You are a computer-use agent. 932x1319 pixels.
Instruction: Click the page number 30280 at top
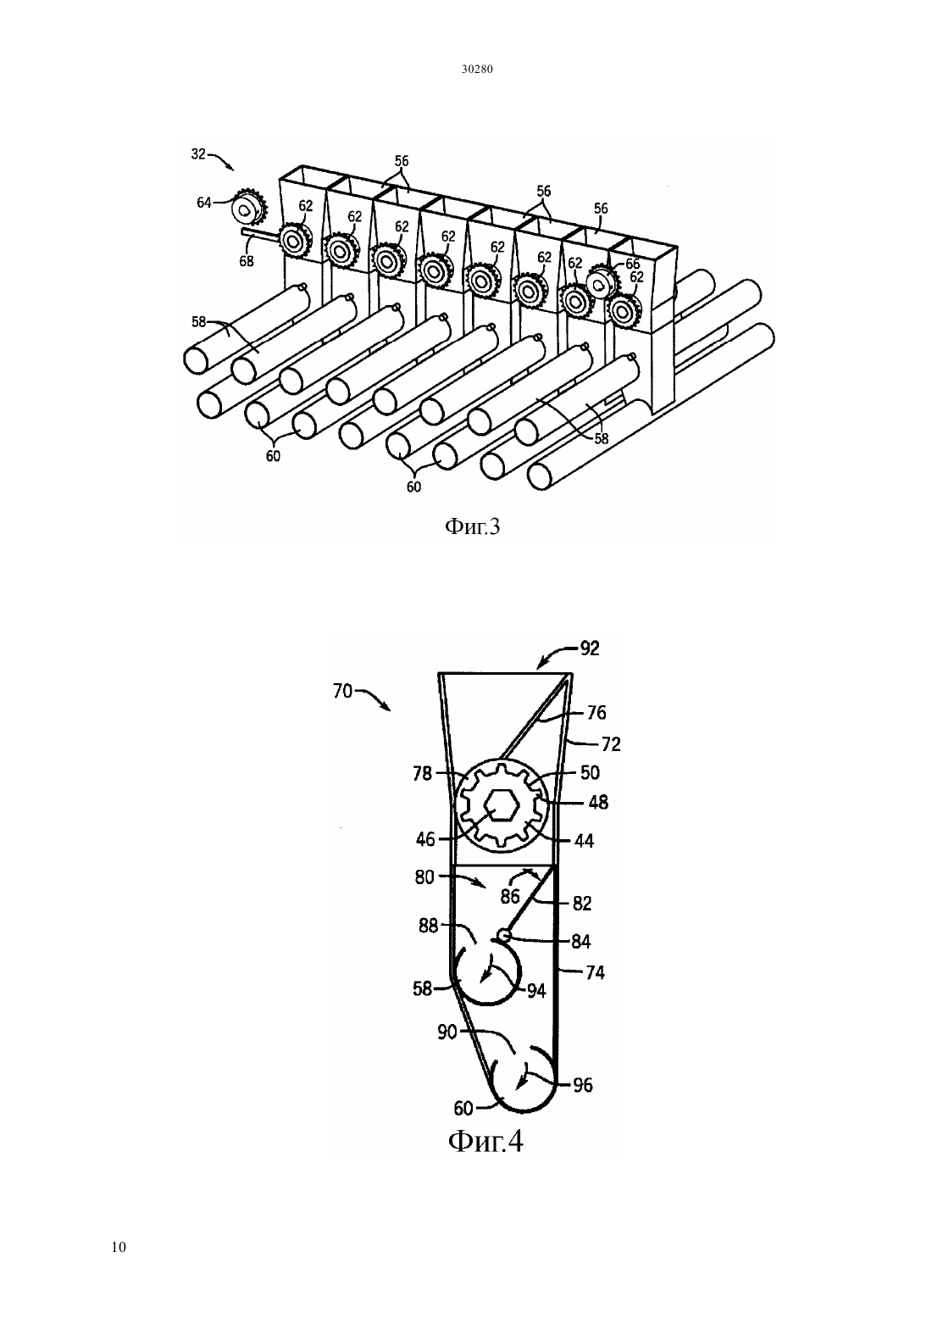[x=476, y=70]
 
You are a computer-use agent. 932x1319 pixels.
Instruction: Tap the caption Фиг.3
[x=472, y=526]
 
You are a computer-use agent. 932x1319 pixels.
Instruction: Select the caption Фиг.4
[x=486, y=1142]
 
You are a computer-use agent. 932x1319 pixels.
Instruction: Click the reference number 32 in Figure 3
[x=199, y=153]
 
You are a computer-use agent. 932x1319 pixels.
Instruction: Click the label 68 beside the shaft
[x=247, y=260]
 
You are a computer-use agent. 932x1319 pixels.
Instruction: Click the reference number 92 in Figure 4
[x=590, y=648]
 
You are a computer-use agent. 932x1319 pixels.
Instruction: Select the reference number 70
[x=342, y=691]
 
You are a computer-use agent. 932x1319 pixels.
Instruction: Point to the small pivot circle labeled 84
[x=503, y=935]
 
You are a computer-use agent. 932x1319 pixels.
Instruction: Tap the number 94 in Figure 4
[x=536, y=991]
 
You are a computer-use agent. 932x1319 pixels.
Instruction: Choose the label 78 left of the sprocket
[x=423, y=773]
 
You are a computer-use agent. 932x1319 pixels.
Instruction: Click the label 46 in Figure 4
[x=425, y=839]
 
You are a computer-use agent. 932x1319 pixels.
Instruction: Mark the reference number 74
[x=595, y=972]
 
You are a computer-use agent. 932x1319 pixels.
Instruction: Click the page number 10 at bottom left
[x=119, y=1247]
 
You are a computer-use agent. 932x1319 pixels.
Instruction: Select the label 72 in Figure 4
[x=612, y=744]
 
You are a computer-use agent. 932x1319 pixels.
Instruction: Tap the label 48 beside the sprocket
[x=598, y=802]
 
